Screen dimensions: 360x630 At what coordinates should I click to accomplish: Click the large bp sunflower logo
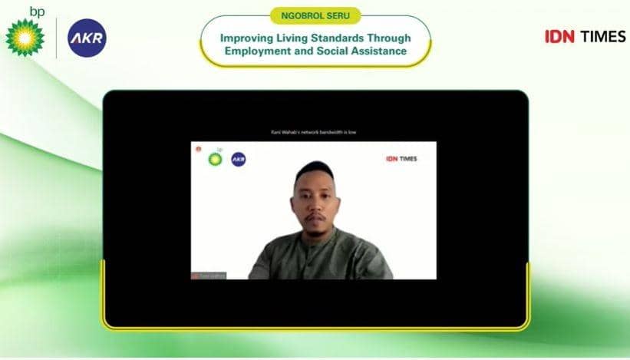(x=25, y=38)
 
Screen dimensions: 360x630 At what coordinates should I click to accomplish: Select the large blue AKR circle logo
(x=87, y=38)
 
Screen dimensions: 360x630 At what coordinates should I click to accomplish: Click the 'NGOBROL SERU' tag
(x=315, y=15)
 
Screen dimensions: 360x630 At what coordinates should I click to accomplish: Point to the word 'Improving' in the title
(x=246, y=38)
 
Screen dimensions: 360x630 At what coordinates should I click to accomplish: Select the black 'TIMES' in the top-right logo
(x=602, y=36)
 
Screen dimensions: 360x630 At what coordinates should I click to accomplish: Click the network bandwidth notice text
(x=314, y=133)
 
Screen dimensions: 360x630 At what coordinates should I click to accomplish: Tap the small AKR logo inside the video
(x=239, y=159)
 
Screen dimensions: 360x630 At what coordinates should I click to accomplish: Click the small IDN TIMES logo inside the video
(x=401, y=159)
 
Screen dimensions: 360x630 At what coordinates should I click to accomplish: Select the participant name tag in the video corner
(x=209, y=275)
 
